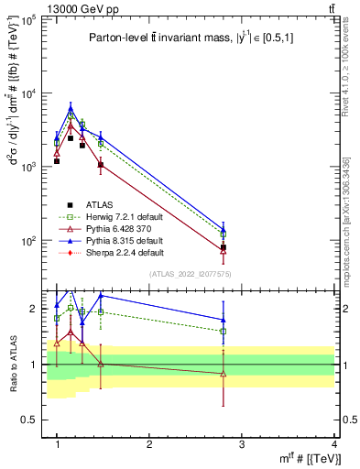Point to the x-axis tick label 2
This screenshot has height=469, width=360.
point(149,443)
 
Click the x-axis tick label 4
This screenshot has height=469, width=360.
point(334,443)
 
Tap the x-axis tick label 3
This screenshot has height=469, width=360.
point(242,443)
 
